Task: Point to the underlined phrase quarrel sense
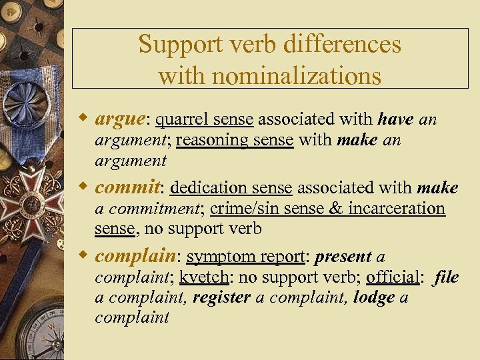coord(205,120)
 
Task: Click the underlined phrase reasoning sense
coord(235,141)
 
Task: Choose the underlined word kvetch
coord(203,278)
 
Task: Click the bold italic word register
coord(221,298)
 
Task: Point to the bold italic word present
coord(343,257)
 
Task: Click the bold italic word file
coord(446,278)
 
